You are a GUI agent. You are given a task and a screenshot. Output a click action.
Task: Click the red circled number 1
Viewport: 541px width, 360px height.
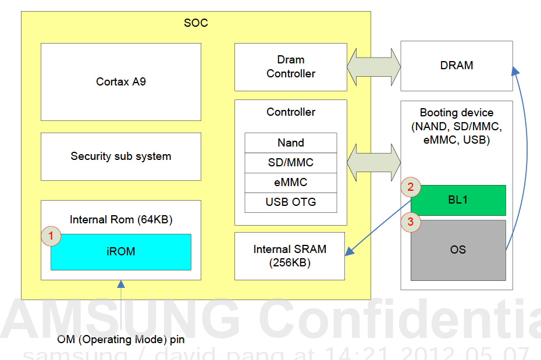tap(51, 236)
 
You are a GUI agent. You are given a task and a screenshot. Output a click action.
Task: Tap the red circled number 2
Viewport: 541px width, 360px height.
tap(411, 187)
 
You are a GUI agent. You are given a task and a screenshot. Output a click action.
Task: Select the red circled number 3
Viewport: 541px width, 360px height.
tap(411, 222)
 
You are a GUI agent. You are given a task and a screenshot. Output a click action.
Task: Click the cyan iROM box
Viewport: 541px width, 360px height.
tap(121, 252)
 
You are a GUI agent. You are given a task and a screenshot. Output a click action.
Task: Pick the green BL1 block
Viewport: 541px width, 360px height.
tap(458, 200)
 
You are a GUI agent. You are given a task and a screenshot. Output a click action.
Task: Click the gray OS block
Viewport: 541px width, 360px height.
tap(458, 250)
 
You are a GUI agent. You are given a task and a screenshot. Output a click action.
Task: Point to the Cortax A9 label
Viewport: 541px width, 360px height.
tap(121, 82)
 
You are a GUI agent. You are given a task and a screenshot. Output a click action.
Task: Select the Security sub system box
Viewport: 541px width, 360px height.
tap(121, 156)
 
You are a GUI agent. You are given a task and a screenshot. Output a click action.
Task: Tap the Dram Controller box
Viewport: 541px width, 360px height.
tap(290, 67)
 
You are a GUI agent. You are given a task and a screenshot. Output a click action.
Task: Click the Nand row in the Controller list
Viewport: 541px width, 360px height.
tap(290, 142)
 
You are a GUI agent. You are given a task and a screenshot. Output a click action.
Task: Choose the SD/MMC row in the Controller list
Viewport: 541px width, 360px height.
tap(290, 162)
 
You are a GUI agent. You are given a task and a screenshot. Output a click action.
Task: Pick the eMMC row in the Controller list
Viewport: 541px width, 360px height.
tap(290, 182)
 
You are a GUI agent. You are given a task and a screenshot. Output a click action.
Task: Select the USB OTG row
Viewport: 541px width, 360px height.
tap(290, 202)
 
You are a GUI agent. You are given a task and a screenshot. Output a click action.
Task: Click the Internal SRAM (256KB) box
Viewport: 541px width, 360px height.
tap(290, 256)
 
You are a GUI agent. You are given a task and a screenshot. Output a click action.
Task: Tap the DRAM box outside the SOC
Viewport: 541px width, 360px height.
tap(457, 66)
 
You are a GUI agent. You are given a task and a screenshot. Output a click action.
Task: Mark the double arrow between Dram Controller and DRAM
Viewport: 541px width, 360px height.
tap(373, 66)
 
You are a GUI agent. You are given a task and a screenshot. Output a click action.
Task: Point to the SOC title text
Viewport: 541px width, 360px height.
tap(195, 23)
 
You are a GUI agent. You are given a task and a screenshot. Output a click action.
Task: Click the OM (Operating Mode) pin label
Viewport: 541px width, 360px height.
tap(121, 339)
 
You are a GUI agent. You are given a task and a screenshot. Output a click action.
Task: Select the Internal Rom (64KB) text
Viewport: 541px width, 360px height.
tap(121, 220)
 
